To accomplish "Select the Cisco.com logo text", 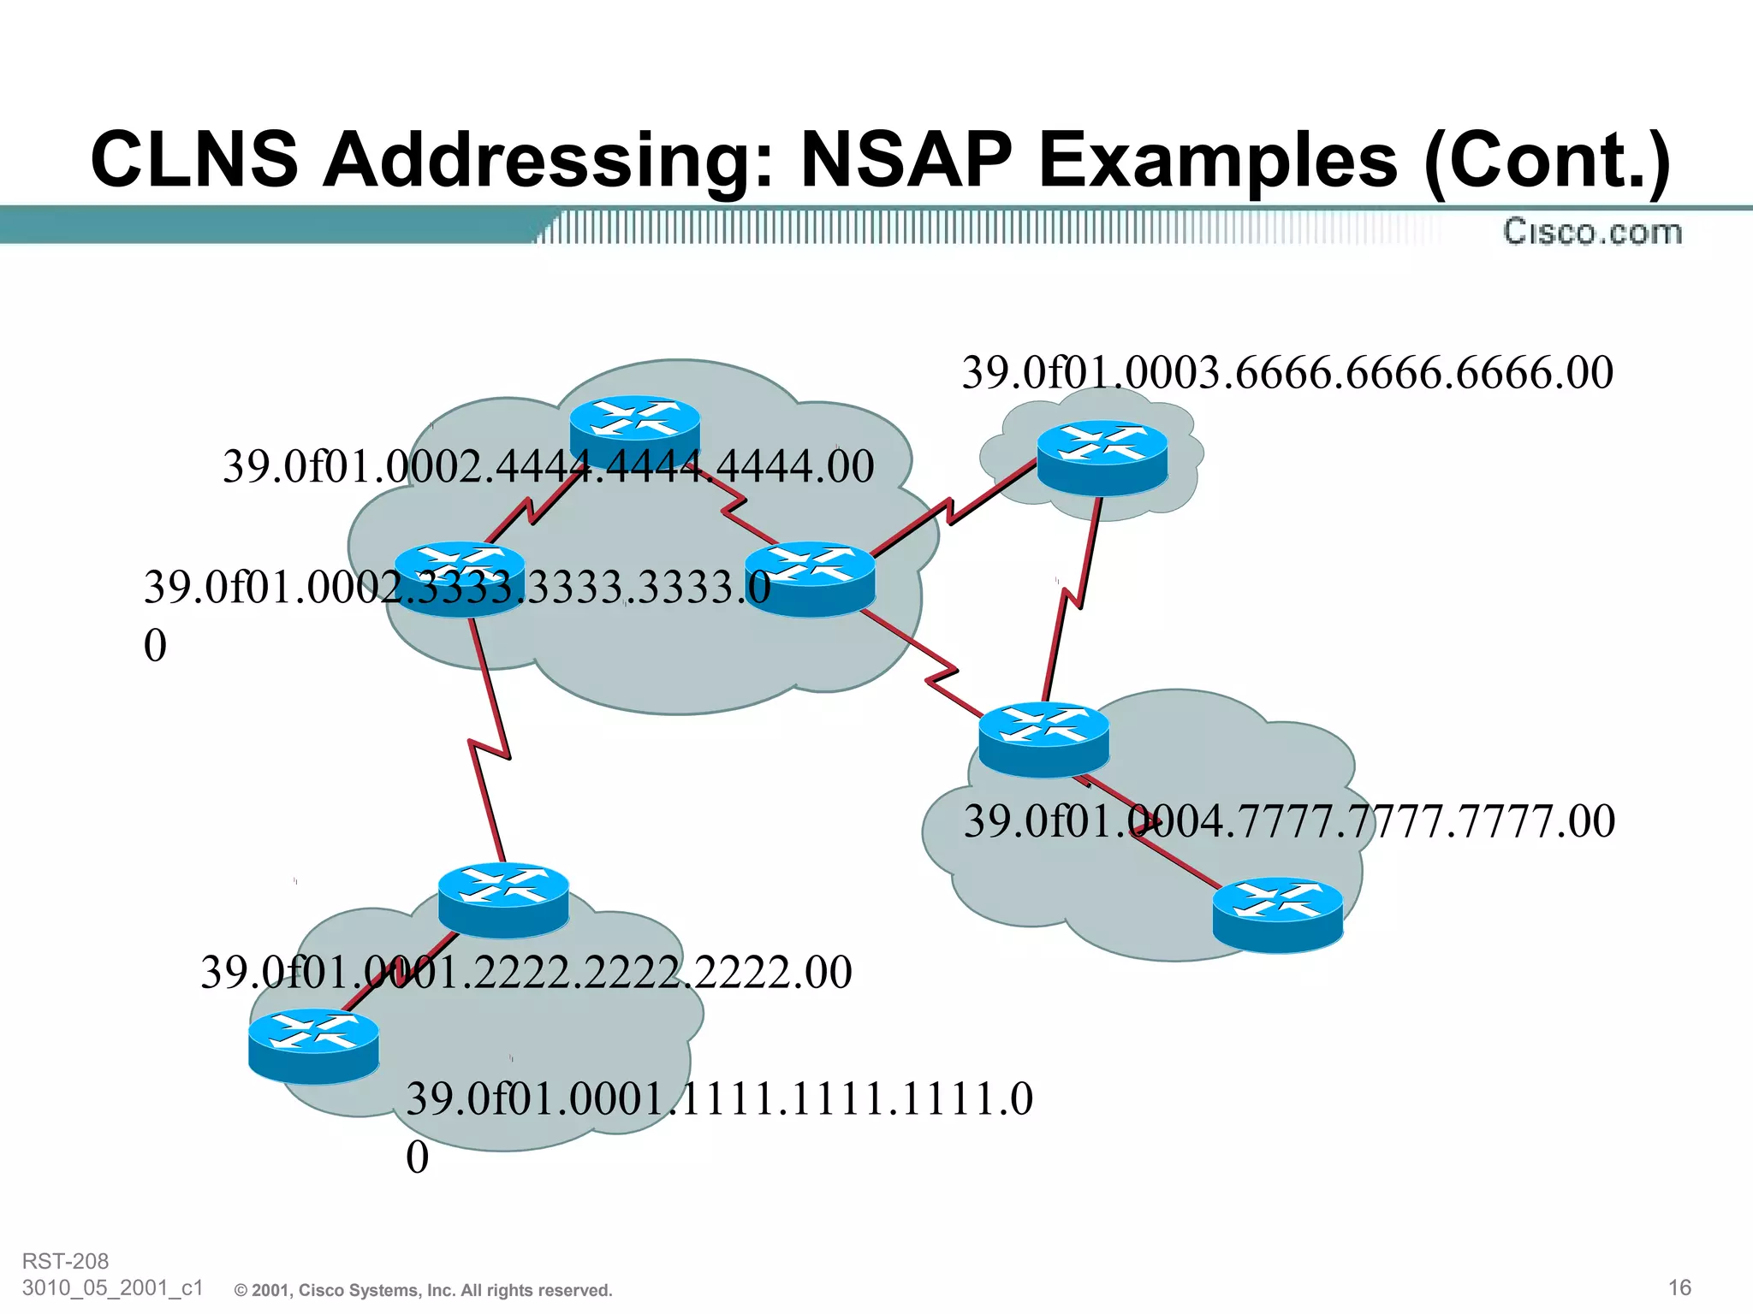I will pos(1592,232).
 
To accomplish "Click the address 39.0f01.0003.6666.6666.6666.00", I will pos(1287,374).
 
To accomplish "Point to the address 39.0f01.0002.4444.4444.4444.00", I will pos(548,467).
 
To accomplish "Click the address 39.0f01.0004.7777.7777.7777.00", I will pos(1289,821).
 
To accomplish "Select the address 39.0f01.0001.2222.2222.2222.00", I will pos(526,973).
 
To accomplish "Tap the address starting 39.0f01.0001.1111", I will pos(719,1100).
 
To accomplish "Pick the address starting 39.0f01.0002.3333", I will pos(456,589).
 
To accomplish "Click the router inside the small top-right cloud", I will pos(1102,458).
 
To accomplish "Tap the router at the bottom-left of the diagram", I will pos(313,1046).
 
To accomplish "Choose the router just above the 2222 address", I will pos(503,900).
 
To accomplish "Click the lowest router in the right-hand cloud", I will pos(1278,914).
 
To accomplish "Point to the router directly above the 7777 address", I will pos(1043,739).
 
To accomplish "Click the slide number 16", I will pos(1679,1287).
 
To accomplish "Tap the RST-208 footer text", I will pos(65,1261).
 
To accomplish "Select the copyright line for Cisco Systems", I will pos(424,1290).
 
